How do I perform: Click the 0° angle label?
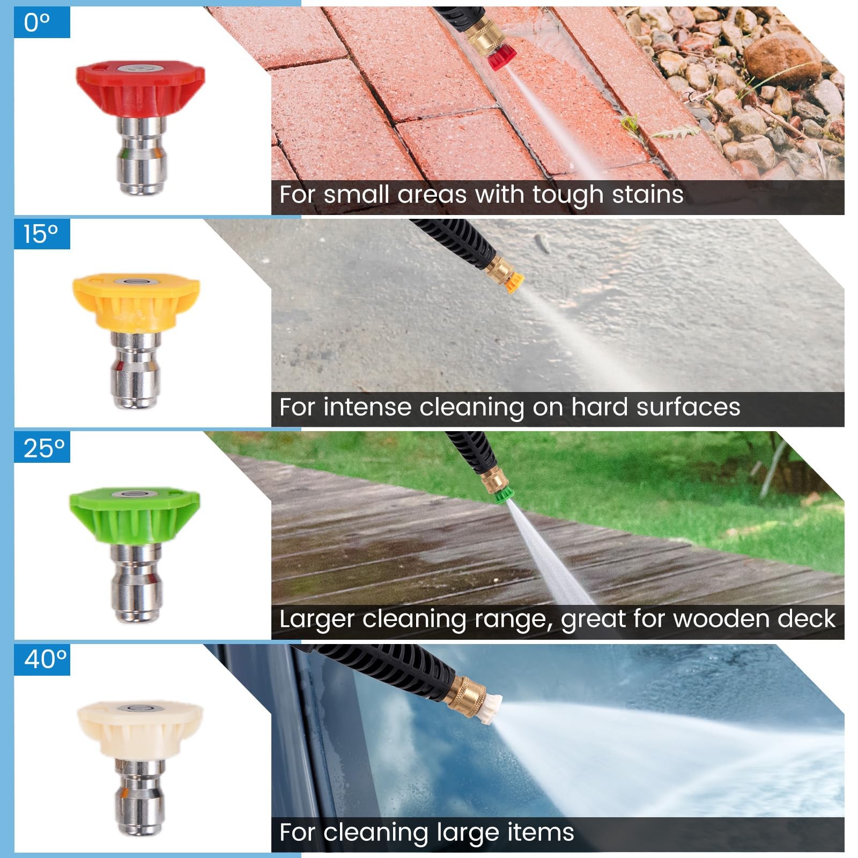coord(37,23)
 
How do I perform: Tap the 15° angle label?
coord(40,234)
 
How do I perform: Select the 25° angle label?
coord(44,448)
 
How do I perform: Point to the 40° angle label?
coord(46,659)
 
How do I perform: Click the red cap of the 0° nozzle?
coord(140,88)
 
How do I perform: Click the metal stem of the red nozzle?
coord(140,156)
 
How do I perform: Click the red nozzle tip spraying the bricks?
coord(501,57)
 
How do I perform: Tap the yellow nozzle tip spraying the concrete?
coord(513,282)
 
